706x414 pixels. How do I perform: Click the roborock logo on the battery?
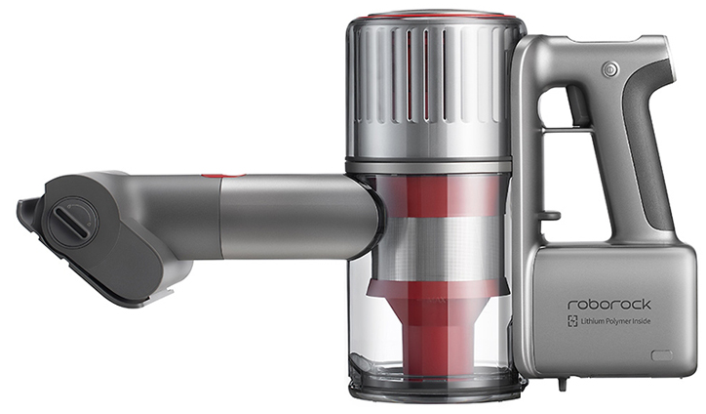coord(608,305)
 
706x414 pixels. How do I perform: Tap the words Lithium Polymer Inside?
coord(615,321)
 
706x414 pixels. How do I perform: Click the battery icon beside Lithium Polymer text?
coord(572,321)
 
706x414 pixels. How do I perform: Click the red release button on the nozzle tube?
coord(223,176)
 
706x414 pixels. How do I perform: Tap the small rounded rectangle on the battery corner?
coord(661,354)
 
